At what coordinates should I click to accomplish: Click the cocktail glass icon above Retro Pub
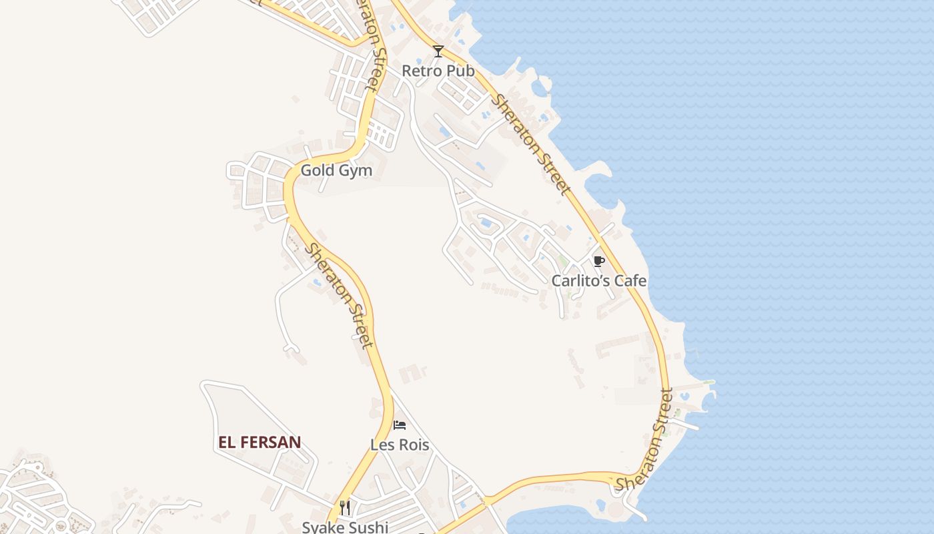tap(438, 51)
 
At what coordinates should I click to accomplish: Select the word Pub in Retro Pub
tap(460, 71)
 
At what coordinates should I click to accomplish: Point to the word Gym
tap(355, 171)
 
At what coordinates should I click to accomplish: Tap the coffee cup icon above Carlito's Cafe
tap(598, 261)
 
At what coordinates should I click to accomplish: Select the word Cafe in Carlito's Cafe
tap(630, 281)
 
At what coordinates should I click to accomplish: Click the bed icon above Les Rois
tap(400, 425)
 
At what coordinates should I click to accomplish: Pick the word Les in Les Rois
tap(382, 445)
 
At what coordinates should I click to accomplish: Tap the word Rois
tap(414, 445)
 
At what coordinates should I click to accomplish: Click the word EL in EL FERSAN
tap(227, 442)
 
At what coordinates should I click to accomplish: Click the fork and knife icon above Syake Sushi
tap(345, 508)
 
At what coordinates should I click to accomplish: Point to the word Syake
tap(322, 527)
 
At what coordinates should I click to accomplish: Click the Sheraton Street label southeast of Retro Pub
tap(532, 146)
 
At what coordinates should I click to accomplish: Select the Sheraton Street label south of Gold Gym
tap(338, 295)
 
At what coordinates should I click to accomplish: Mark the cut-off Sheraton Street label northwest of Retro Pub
tap(372, 43)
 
